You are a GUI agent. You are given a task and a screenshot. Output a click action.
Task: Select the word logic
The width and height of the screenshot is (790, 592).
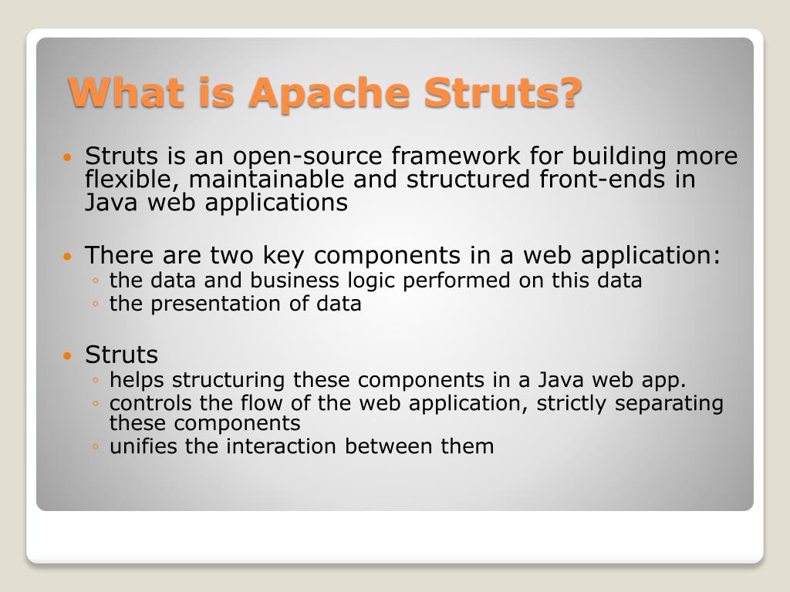pyautogui.click(x=374, y=281)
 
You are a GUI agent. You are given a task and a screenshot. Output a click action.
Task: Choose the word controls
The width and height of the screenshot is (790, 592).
pyautogui.click(x=148, y=403)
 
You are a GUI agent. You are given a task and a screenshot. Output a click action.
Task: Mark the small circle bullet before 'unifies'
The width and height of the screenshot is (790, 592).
pyautogui.click(x=94, y=446)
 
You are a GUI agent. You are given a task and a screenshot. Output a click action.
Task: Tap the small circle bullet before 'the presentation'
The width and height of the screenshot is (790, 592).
pyautogui.click(x=94, y=304)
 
